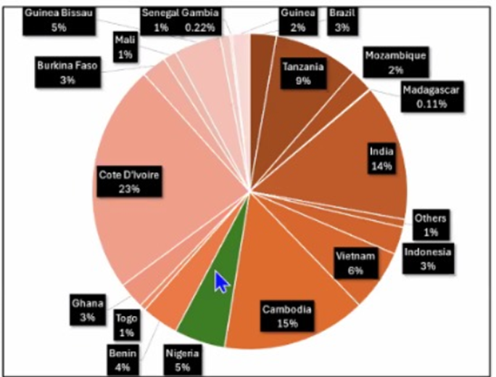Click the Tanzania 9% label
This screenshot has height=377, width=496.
[x=304, y=73]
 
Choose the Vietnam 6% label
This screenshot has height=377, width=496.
[x=355, y=263]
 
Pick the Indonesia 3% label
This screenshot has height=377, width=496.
[x=428, y=259]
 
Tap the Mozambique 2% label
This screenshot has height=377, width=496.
[x=396, y=62]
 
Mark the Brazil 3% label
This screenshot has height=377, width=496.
[x=342, y=20]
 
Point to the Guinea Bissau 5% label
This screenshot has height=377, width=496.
[x=58, y=20]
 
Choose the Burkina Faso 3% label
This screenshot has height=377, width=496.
[x=67, y=73]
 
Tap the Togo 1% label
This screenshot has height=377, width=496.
[x=127, y=325]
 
